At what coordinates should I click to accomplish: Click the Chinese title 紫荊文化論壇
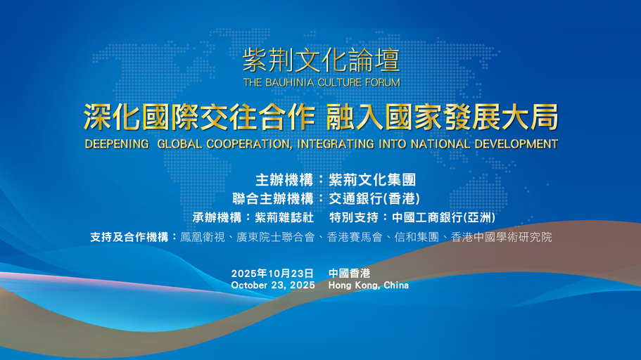click(x=321, y=60)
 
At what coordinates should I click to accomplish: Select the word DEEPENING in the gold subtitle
click(x=117, y=144)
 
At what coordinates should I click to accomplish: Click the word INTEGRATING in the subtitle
click(x=336, y=144)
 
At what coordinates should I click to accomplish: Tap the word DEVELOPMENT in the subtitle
click(x=516, y=144)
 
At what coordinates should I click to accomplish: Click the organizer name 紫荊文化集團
click(x=372, y=180)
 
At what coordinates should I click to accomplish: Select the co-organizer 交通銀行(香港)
click(x=374, y=199)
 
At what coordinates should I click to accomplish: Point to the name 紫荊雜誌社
click(x=284, y=217)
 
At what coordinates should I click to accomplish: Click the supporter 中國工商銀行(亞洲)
click(x=443, y=217)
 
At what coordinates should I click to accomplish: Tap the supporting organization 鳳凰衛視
click(x=203, y=237)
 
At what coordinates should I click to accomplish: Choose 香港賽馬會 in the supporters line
click(x=355, y=237)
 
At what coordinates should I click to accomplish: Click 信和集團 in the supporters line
click(x=417, y=237)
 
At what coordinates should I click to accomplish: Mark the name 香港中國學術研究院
click(x=501, y=237)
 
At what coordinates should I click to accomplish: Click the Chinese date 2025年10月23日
click(x=273, y=274)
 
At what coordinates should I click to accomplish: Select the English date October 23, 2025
click(x=273, y=285)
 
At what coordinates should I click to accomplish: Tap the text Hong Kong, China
click(x=368, y=285)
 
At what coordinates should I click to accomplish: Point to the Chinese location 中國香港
click(x=349, y=274)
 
